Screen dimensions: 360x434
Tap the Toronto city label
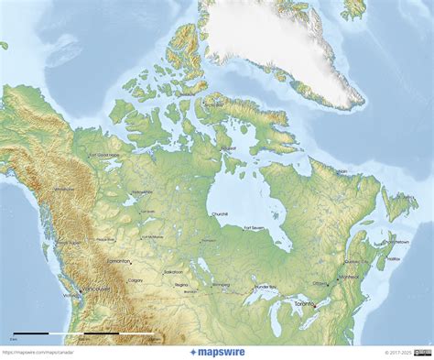(305, 303)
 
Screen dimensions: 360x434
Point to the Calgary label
(136, 279)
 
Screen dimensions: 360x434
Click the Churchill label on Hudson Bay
(220, 213)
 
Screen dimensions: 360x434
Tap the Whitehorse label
(64, 189)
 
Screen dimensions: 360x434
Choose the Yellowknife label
(142, 192)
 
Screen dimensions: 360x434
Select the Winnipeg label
(222, 285)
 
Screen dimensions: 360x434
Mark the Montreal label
(349, 277)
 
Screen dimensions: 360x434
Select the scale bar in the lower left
(79, 333)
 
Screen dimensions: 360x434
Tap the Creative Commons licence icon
(422, 352)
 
